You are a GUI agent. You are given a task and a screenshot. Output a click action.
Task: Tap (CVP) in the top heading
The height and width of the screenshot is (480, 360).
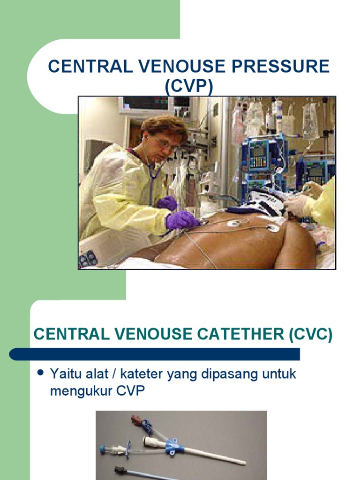pyautogui.click(x=189, y=86)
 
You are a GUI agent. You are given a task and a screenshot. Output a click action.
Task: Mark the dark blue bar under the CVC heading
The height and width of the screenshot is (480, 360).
pyautogui.click(x=155, y=354)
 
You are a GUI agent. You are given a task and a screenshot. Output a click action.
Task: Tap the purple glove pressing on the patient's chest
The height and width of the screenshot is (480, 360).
pyautogui.click(x=181, y=219)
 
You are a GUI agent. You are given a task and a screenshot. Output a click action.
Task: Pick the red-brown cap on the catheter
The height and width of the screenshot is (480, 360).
pyautogui.click(x=135, y=418)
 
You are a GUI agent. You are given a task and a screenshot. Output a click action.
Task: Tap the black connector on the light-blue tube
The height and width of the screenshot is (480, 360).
pyautogui.click(x=120, y=470)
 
